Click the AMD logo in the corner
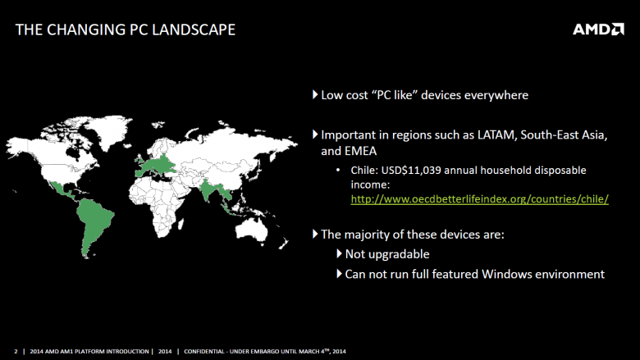tap(598, 30)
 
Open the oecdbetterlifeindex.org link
tap(480, 199)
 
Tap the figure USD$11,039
tap(411, 171)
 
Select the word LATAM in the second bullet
tap(497, 135)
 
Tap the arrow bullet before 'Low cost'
tap(315, 94)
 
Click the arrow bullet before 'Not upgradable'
tap(339, 253)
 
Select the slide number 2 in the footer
tap(16, 351)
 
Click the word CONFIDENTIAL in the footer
tap(204, 351)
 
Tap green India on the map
tap(208, 188)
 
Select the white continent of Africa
tap(158, 204)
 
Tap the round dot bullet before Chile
tap(338, 170)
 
